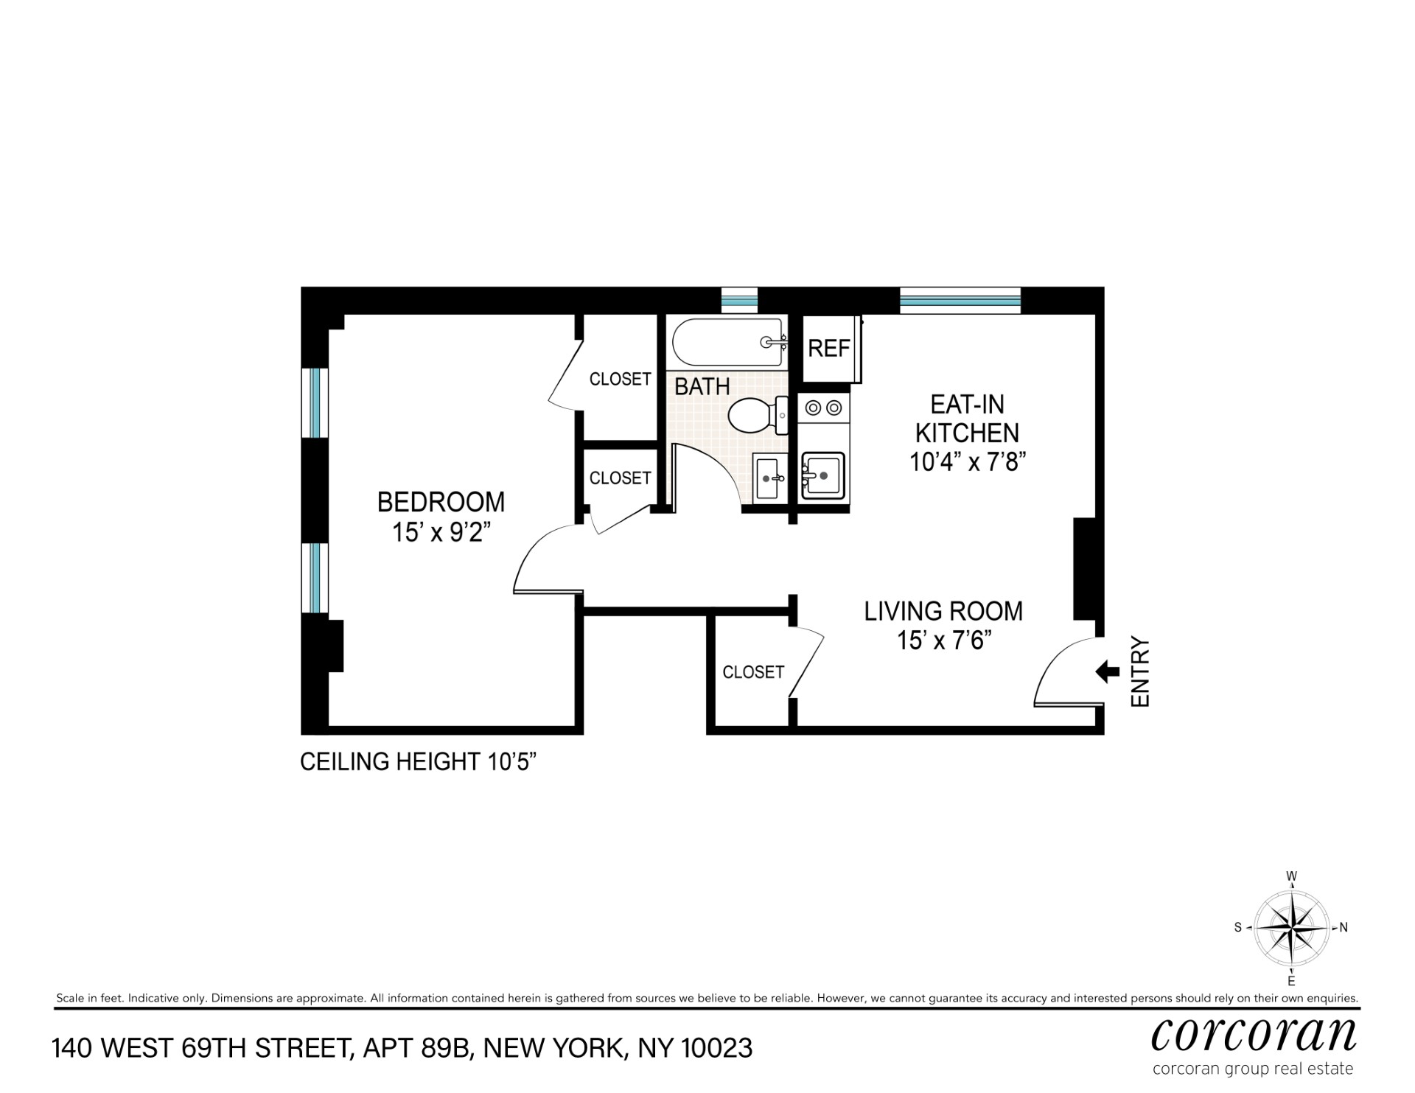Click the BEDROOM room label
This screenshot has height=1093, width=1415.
[441, 502]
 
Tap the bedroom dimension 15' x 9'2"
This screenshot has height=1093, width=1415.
[441, 532]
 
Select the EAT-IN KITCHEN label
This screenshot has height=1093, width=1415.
[967, 419]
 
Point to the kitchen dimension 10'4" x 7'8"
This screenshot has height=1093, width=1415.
[968, 462]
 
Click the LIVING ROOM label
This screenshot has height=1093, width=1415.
[943, 611]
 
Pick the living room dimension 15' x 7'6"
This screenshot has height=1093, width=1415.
[943, 640]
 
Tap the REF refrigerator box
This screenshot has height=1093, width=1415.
[831, 348]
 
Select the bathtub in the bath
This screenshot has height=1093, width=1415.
[727, 341]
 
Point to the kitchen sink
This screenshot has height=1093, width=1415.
[823, 476]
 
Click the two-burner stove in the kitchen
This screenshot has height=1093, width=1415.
[823, 407]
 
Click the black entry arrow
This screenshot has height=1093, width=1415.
[1108, 671]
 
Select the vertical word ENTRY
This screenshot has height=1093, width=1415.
[1140, 672]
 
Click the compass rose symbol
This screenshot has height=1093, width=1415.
[1291, 927]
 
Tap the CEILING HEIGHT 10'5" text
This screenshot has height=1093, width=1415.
[417, 761]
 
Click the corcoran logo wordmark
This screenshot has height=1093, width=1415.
[1254, 1035]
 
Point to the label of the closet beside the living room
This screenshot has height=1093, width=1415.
[753, 672]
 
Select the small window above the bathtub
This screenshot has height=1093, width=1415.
[739, 301]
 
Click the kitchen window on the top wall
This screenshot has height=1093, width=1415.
[960, 301]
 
